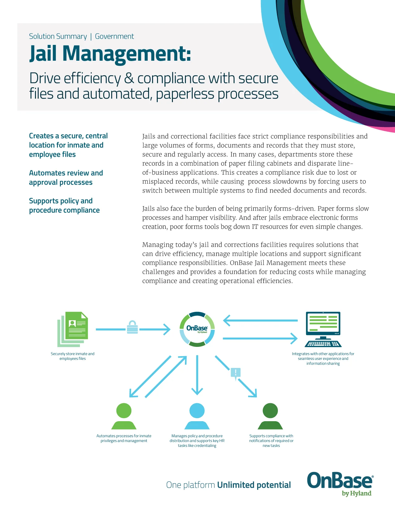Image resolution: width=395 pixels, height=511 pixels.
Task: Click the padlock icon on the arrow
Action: [x=132, y=327]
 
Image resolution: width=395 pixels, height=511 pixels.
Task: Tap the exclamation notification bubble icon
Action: [x=236, y=373]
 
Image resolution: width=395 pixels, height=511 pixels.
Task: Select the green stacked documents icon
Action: [x=73, y=329]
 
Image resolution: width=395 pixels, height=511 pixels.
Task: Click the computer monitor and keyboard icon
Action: [x=323, y=329]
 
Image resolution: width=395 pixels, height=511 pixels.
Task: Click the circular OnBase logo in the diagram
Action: [x=197, y=329]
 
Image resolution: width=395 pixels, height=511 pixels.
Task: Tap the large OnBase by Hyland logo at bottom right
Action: [x=340, y=484]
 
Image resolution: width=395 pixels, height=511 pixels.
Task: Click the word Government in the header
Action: [x=114, y=37]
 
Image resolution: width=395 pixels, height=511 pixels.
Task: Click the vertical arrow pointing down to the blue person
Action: [x=197, y=375]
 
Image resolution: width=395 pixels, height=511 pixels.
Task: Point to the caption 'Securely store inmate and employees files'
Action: [x=72, y=356]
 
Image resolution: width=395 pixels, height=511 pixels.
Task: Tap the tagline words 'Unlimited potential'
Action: [x=254, y=485]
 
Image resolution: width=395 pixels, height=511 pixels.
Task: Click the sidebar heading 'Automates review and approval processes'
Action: [x=66, y=178]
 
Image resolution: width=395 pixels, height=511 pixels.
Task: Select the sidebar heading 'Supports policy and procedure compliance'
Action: [x=64, y=206]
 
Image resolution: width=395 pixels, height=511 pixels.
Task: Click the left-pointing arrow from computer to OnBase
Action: [x=260, y=321]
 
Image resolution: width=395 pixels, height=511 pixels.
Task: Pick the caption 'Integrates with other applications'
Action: [x=323, y=358]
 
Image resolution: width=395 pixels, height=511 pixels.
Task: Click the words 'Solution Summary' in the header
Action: [x=58, y=37]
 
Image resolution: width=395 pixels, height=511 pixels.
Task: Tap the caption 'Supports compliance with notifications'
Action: [x=271, y=441]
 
